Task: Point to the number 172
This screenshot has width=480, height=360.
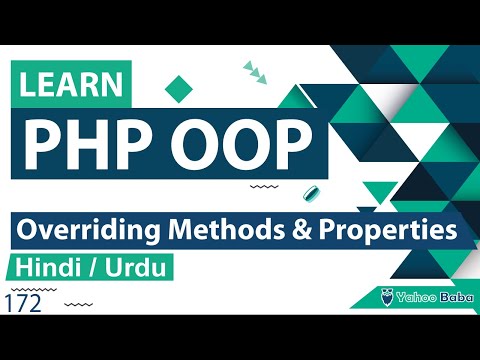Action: tap(22, 303)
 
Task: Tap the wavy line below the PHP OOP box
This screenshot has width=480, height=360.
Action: tap(263, 186)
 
